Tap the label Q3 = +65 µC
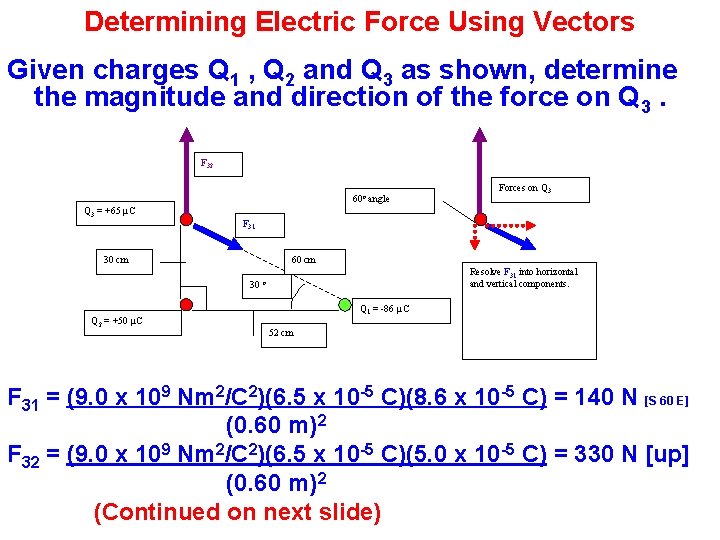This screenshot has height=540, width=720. [109, 211]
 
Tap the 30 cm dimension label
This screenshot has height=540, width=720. [116, 260]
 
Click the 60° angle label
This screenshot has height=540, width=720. [371, 199]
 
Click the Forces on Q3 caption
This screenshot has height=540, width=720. [525, 188]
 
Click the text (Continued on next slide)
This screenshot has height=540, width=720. [237, 512]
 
